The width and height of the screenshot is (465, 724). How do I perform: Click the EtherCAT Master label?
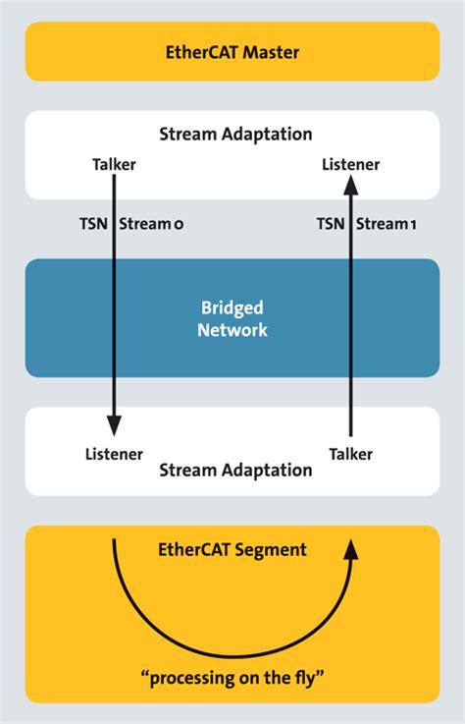(232, 52)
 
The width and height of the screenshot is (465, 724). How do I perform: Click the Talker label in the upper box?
(113, 165)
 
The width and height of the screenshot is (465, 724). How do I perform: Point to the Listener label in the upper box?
(350, 165)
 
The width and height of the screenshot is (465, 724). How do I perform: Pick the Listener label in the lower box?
(113, 454)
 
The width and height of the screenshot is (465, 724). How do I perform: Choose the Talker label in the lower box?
(350, 454)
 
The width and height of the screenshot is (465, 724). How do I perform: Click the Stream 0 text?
(151, 225)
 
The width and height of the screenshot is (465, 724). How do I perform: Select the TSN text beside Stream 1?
(330, 225)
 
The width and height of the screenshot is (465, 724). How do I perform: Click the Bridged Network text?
(232, 318)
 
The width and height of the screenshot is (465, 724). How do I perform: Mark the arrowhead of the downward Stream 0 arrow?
(114, 424)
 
